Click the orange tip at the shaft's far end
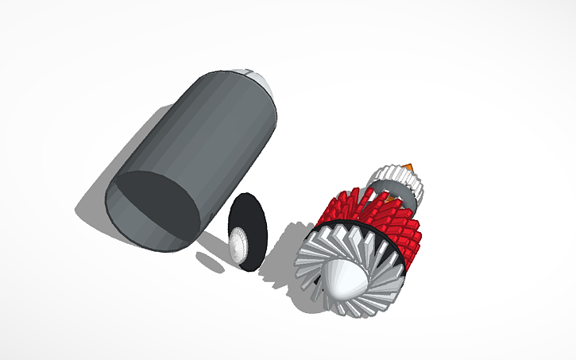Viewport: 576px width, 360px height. click(x=410, y=165)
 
